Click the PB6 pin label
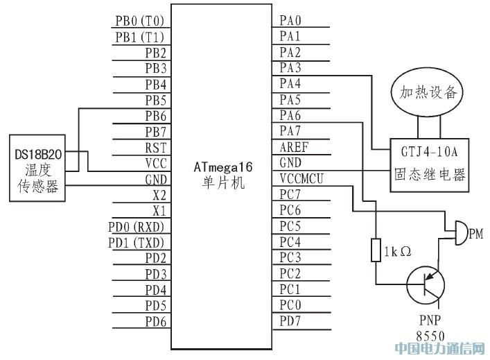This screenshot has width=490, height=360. [155, 116]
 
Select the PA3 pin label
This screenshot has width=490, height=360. [290, 68]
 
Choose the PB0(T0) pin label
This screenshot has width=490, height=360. [139, 21]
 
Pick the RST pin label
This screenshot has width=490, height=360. [155, 147]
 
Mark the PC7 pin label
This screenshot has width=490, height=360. [290, 194]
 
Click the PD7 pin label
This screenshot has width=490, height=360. [290, 320]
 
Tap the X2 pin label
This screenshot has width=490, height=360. [159, 195]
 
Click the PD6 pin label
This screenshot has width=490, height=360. [155, 321]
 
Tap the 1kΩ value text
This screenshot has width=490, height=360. [398, 251]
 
